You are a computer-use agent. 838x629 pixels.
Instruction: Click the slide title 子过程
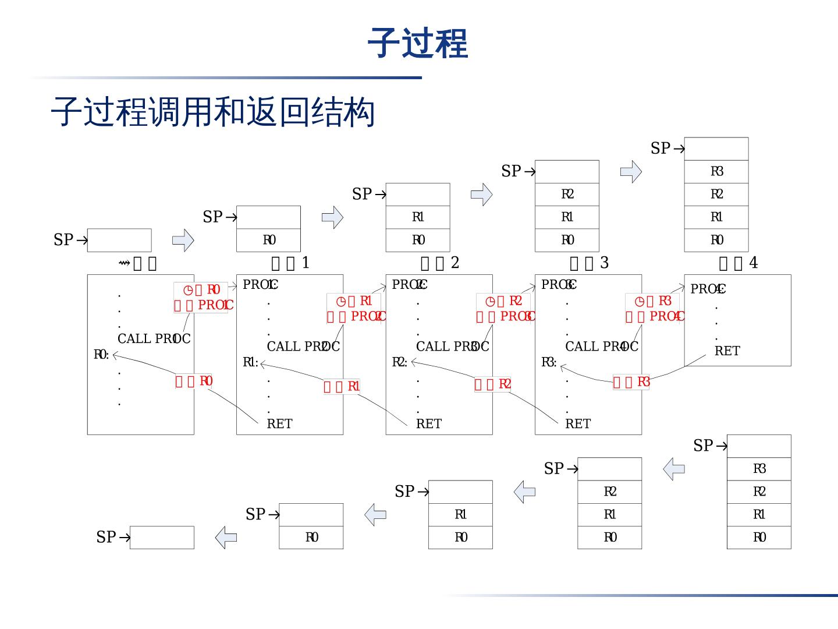417,43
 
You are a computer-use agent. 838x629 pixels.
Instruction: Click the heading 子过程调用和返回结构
213,112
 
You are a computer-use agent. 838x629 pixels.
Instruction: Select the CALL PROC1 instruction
154,339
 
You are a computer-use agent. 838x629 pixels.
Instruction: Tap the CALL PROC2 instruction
303,347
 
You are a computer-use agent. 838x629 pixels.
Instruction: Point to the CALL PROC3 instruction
452,347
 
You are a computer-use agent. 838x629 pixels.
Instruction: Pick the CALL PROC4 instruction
601,347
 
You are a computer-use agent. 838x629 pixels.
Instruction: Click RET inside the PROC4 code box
727,351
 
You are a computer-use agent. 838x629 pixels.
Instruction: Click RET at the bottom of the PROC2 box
428,424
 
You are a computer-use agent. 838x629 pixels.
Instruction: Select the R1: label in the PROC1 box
250,362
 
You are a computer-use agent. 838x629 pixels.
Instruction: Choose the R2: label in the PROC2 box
399,362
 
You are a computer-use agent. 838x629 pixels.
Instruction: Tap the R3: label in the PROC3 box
549,362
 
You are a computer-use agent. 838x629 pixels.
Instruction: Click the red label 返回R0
194,381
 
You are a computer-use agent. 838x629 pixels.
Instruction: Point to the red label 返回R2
492,384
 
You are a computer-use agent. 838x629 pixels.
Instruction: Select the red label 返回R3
631,382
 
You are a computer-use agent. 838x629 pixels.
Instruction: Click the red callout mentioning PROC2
355,309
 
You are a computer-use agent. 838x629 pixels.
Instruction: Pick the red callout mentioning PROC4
654,309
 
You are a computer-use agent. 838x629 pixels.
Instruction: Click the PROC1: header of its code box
260,285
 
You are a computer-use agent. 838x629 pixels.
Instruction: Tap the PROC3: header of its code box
559,285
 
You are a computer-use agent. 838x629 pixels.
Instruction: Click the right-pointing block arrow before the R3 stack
631,172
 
